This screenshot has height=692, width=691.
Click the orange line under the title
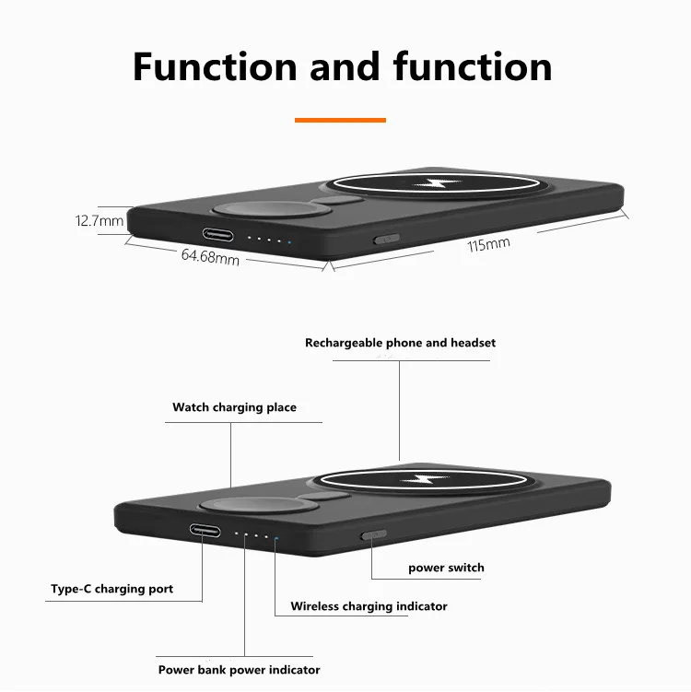point(340,120)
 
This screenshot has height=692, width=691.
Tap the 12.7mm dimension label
point(99,221)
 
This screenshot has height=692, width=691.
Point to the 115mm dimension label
point(488,245)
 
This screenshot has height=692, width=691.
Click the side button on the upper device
point(385,239)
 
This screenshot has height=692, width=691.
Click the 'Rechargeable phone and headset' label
point(400,343)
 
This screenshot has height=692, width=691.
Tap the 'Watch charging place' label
point(234,407)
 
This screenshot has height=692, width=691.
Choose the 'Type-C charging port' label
point(111,589)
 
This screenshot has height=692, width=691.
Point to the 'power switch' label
point(446,568)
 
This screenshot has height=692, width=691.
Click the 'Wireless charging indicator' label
point(369,606)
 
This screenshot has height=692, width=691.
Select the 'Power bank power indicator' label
point(239,670)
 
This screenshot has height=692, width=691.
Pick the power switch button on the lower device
point(373,534)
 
